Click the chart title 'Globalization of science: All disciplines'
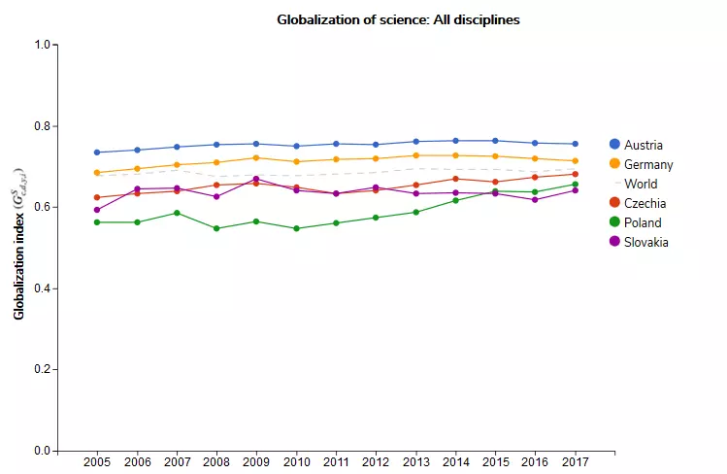(x=398, y=19)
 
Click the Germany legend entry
(x=648, y=164)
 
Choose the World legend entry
(x=641, y=184)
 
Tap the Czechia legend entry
(x=644, y=203)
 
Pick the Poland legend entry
(x=643, y=222)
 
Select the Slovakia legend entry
(x=646, y=242)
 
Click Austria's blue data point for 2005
(x=97, y=152)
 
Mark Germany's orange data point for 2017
(x=576, y=161)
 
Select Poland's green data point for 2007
(x=177, y=213)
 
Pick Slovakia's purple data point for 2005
(x=97, y=210)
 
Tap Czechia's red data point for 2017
(x=576, y=175)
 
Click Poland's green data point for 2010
(x=296, y=229)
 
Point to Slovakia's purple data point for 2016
(x=536, y=200)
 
